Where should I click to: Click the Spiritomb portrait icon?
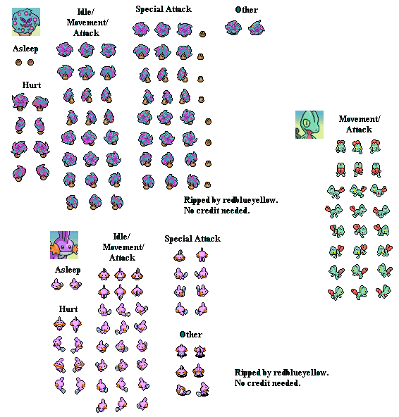pyautogui.click(x=26, y=22)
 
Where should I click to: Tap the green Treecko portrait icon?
pyautogui.click(x=309, y=125)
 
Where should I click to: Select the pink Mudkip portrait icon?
pyautogui.click(x=64, y=245)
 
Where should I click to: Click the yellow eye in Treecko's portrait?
pyautogui.click(x=307, y=123)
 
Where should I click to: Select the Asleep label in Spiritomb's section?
pyautogui.click(x=25, y=49)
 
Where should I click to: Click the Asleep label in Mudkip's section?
pyautogui.click(x=68, y=270)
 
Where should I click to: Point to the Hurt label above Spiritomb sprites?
pyautogui.click(x=32, y=85)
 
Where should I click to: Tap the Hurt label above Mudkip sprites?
pyautogui.click(x=68, y=309)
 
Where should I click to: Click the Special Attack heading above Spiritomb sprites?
pyautogui.click(x=164, y=9)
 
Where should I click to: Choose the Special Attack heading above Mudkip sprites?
pyautogui.click(x=192, y=239)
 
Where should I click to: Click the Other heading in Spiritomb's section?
pyautogui.click(x=247, y=10)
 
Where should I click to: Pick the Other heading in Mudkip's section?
pyautogui.click(x=191, y=335)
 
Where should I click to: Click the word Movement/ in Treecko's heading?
pyautogui.click(x=360, y=119)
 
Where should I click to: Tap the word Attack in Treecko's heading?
pyautogui.click(x=359, y=130)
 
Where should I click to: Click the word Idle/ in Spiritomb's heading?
pyautogui.click(x=86, y=12)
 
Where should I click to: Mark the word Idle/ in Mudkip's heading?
pyautogui.click(x=122, y=237)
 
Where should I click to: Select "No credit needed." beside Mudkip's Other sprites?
pyautogui.click(x=267, y=383)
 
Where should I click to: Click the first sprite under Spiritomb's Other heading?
pyautogui.click(x=233, y=27)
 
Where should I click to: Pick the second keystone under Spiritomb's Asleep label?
pyautogui.click(x=30, y=62)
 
